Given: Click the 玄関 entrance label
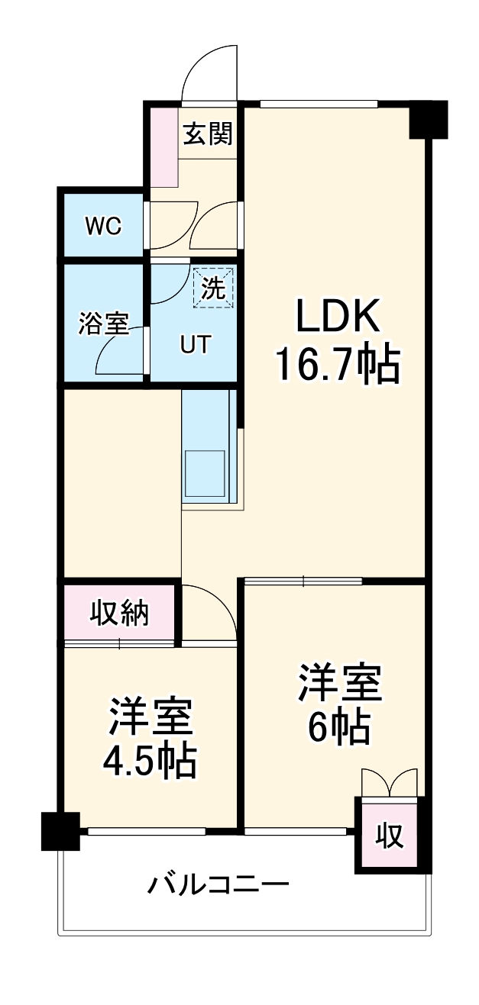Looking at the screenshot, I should pyautogui.click(x=208, y=134).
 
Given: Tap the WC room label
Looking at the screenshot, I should pyautogui.click(x=102, y=226).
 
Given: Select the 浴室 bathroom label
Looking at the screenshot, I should pyautogui.click(x=103, y=324).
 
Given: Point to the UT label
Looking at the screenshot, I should pyautogui.click(x=194, y=345).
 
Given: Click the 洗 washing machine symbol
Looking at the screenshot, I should pyautogui.click(x=213, y=288).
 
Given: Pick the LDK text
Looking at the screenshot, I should pyautogui.click(x=337, y=317).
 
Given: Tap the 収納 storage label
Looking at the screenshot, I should pyautogui.click(x=120, y=613).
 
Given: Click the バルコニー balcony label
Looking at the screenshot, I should pyautogui.click(x=218, y=885).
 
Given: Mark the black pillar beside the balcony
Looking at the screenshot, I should pyautogui.click(x=60, y=832).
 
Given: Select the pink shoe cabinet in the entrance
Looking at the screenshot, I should pyautogui.click(x=163, y=147).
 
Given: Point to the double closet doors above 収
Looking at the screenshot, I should pyautogui.click(x=390, y=783).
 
